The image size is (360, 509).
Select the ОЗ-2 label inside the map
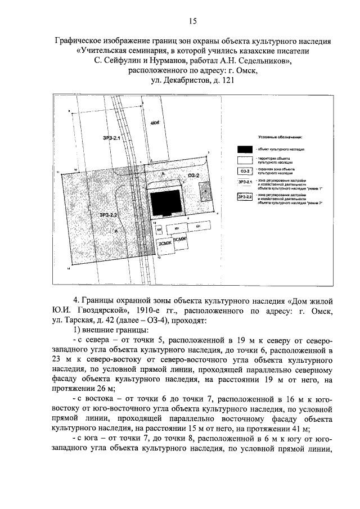pyautogui.click(x=195, y=177)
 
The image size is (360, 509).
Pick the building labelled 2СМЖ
pyautogui.click(x=164, y=243)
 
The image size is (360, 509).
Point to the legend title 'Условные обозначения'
pyautogui.click(x=280, y=137)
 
